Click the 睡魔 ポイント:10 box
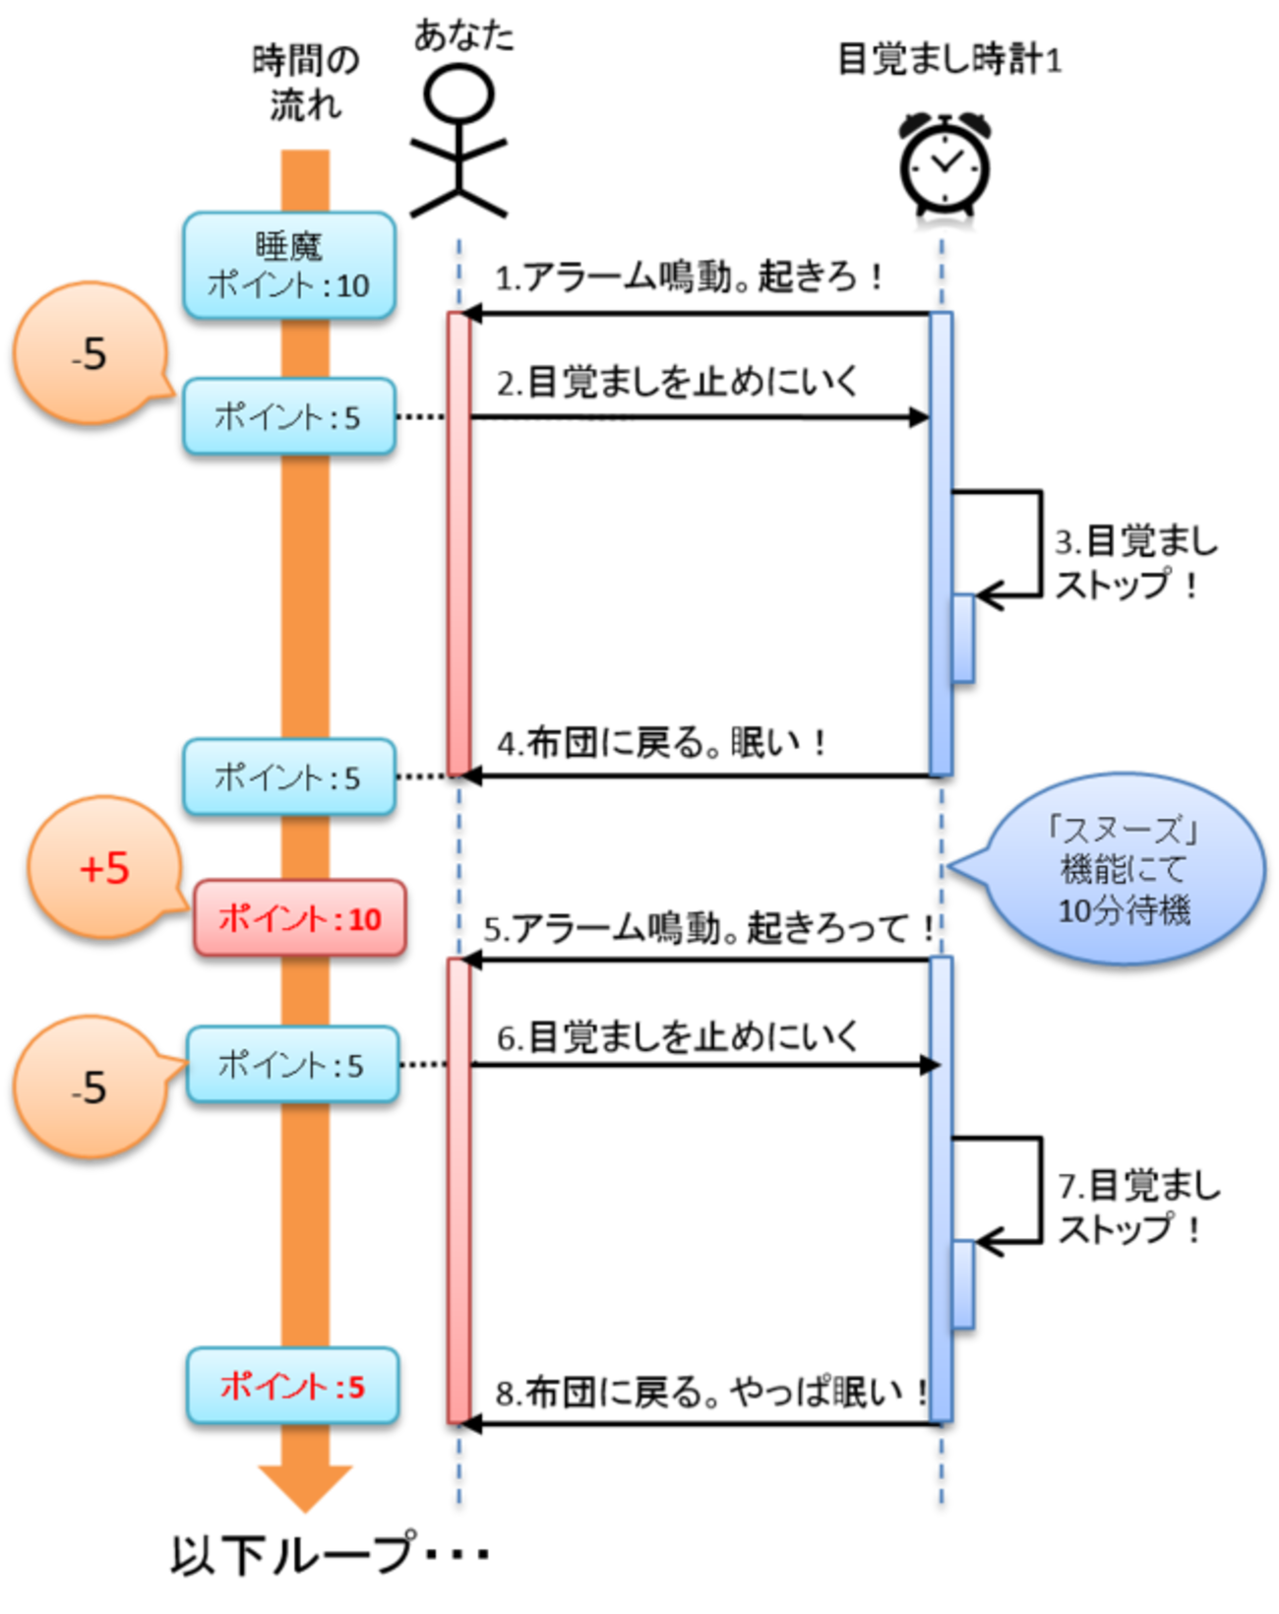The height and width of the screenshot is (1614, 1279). pos(289,264)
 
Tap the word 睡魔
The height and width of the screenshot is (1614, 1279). pos(289,245)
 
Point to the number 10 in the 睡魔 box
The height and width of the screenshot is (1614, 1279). pos(352,286)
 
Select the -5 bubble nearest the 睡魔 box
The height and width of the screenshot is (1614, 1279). pos(90,353)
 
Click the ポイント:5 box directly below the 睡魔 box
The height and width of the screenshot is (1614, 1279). pos(289,415)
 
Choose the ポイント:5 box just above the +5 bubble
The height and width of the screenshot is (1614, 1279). pos(289,776)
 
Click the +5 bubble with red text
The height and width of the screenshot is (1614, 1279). pos(104,867)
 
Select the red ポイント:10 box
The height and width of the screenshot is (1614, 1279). pos(300,918)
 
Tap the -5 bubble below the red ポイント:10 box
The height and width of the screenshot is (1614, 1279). pos(90,1086)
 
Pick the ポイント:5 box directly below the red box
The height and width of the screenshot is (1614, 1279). pos(293,1063)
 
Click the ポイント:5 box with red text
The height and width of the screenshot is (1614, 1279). pos(293,1385)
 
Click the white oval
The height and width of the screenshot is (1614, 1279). pos(458,94)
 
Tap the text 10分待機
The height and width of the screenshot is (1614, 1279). pos(1125,910)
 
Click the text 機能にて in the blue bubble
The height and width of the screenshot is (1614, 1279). pos(1125,870)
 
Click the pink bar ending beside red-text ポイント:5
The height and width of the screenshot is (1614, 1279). pos(458,1191)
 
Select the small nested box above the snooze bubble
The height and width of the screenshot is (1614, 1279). pos(963,637)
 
